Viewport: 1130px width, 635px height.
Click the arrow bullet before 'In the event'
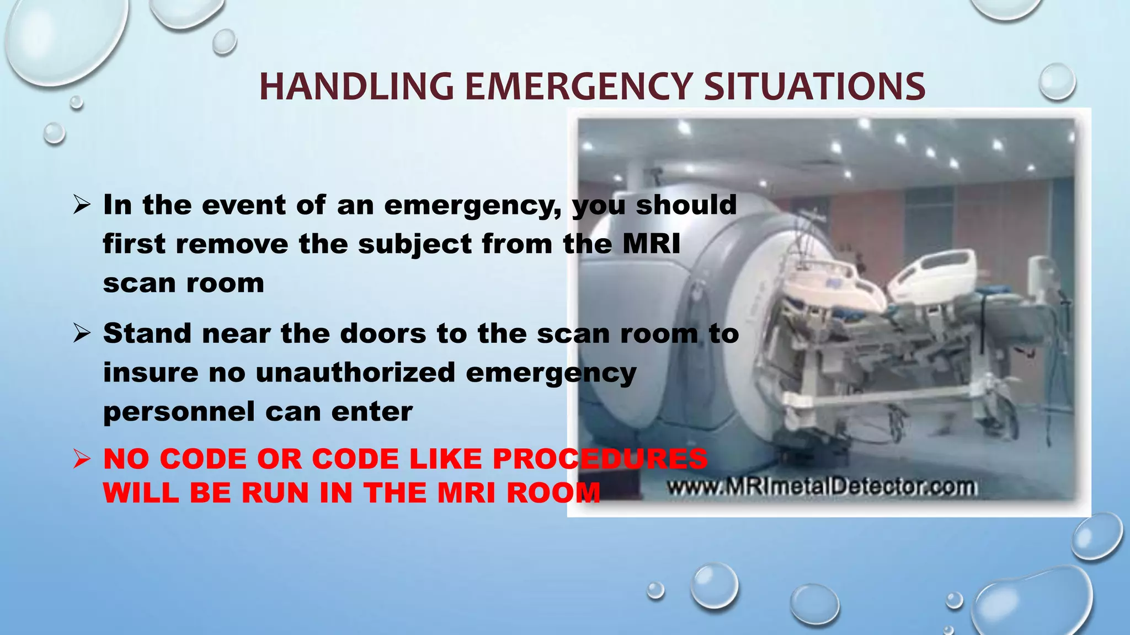click(x=81, y=206)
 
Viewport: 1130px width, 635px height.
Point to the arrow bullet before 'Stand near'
click(x=81, y=333)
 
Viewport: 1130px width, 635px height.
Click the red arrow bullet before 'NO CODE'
click(x=81, y=459)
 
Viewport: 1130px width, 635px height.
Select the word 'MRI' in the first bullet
click(x=652, y=244)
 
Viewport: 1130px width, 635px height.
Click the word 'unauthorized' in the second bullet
click(x=355, y=373)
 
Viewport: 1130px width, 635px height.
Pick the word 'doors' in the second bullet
click(x=382, y=333)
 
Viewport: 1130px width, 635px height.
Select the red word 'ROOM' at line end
click(x=553, y=492)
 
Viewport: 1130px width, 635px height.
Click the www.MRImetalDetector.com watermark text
click(x=822, y=487)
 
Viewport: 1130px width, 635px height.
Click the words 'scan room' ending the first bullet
click(x=183, y=284)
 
